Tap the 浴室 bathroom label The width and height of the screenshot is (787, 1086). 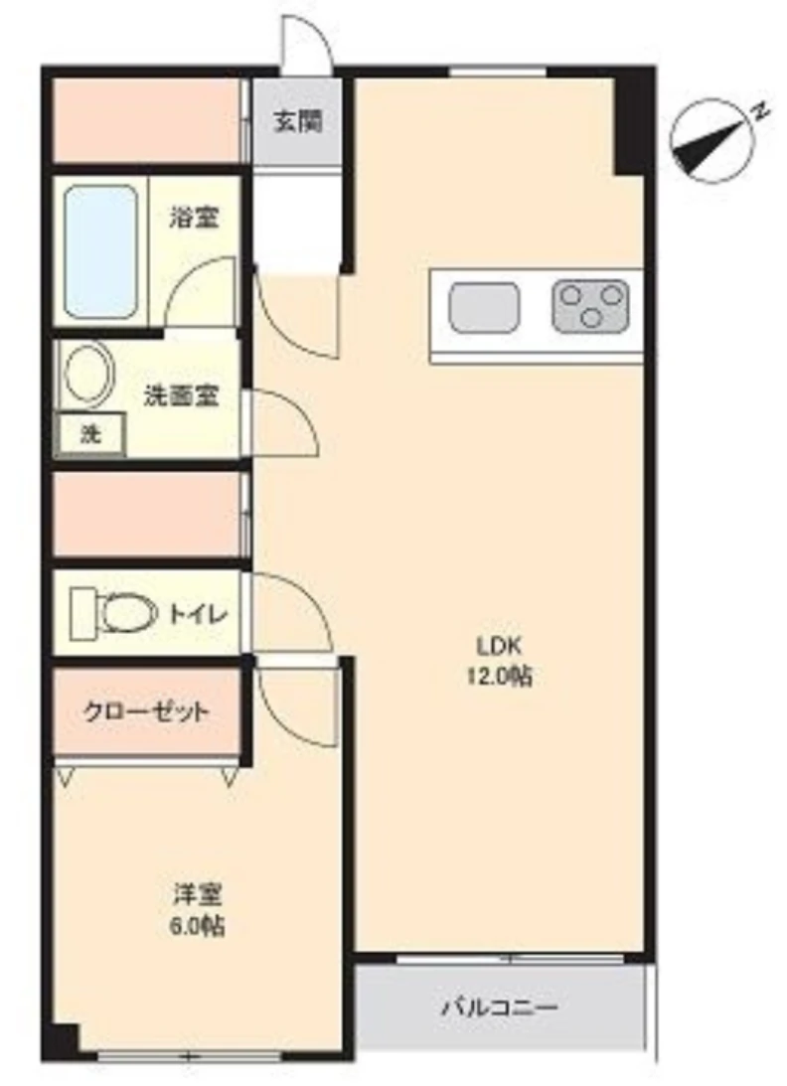(x=195, y=217)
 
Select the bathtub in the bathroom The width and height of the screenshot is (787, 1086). (x=100, y=251)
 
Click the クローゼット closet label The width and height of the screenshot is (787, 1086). (x=146, y=711)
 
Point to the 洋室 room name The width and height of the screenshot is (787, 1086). (x=194, y=894)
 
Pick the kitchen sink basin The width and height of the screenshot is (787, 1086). (x=484, y=308)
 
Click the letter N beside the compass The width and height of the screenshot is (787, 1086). (x=759, y=111)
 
